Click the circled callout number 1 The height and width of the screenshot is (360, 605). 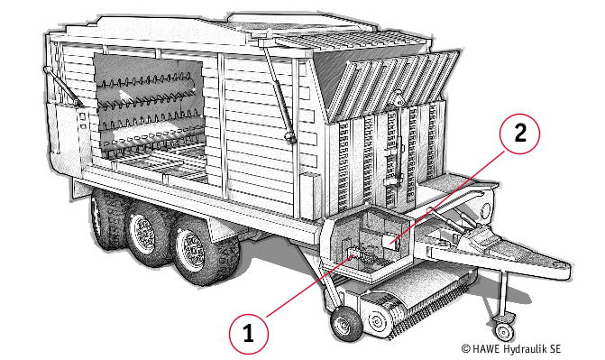coord(248,333)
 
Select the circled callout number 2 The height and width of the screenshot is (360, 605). coord(520,134)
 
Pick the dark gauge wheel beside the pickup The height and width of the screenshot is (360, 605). coord(345,323)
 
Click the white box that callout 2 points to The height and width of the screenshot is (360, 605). coord(390,242)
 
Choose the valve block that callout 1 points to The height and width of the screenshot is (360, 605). coord(361,255)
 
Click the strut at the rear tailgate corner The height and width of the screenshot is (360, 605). coord(61,87)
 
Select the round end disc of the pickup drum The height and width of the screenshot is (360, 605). coord(375,320)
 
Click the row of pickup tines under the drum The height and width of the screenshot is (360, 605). coord(432,308)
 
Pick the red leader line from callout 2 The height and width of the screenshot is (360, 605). coord(448,197)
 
